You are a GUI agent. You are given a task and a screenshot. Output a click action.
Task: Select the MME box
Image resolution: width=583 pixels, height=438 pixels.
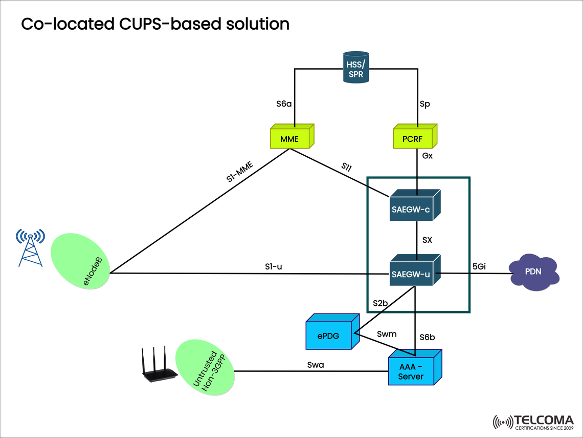coord(289,139)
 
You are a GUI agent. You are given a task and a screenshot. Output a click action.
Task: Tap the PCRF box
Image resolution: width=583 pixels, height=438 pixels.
coord(412,139)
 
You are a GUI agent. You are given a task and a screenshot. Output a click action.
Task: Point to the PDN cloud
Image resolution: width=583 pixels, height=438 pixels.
coord(534,272)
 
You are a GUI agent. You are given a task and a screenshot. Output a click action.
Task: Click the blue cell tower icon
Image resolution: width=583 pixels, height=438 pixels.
coord(30,247)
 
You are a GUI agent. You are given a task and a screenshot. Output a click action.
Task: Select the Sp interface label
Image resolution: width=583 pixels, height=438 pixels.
coord(424,104)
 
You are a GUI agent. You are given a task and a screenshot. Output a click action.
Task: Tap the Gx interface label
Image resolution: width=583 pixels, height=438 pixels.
coord(427,155)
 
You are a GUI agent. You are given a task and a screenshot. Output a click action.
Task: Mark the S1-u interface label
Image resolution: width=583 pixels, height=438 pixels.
coord(273,266)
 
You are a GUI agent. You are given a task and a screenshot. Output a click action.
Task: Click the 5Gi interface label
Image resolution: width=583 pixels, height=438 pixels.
coord(479,266)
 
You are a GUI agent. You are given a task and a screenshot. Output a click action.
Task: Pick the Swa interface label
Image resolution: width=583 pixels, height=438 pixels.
coord(315,364)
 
